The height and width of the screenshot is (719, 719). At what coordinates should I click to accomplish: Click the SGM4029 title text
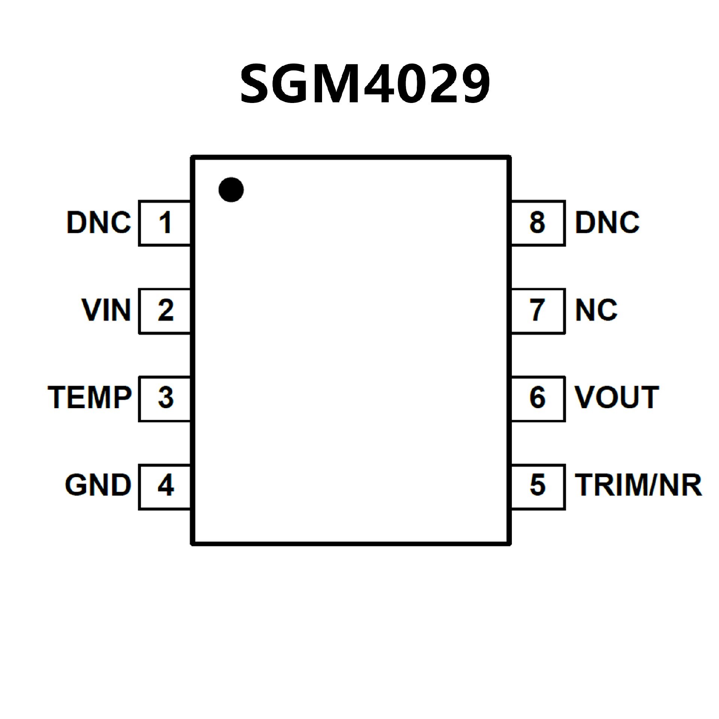click(365, 83)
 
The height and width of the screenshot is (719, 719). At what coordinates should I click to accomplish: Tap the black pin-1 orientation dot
click(231, 189)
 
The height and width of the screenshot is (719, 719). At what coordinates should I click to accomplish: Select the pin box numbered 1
click(165, 223)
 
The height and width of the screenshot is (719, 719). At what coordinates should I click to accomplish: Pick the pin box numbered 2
click(165, 311)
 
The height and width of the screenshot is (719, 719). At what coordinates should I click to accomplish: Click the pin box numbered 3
click(165, 398)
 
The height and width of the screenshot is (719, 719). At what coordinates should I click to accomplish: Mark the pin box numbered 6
click(538, 398)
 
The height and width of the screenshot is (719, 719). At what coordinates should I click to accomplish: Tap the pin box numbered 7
click(538, 311)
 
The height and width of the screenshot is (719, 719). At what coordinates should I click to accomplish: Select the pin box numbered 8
click(538, 223)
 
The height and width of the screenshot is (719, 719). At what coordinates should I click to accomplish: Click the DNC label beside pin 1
click(99, 223)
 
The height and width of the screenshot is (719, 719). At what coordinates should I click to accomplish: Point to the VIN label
click(106, 310)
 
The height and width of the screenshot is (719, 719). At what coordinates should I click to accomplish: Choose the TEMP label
click(90, 398)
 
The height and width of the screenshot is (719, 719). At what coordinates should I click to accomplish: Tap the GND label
click(98, 486)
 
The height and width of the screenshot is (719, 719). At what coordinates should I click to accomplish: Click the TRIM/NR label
click(638, 486)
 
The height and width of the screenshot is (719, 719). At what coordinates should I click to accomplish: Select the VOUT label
click(617, 398)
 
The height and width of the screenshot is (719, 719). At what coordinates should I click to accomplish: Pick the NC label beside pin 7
click(596, 310)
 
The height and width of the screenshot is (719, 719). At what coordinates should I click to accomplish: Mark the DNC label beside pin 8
click(607, 223)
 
